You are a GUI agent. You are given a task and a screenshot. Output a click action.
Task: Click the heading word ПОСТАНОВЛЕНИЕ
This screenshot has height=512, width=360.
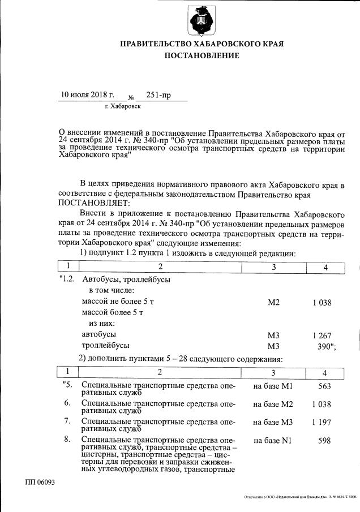coord(202,55)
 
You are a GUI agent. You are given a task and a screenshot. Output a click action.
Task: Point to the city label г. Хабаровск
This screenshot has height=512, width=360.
coord(123,106)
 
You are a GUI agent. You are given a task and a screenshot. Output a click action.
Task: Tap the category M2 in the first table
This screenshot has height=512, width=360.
coord(274,303)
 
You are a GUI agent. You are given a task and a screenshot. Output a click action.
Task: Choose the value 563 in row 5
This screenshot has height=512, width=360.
coord(324,386)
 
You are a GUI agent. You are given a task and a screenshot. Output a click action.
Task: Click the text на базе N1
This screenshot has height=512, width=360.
coord(272,440)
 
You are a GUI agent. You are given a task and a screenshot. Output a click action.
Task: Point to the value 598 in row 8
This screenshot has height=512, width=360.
coord(324,440)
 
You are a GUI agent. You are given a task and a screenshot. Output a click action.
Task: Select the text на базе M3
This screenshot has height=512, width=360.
coord(272,421)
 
